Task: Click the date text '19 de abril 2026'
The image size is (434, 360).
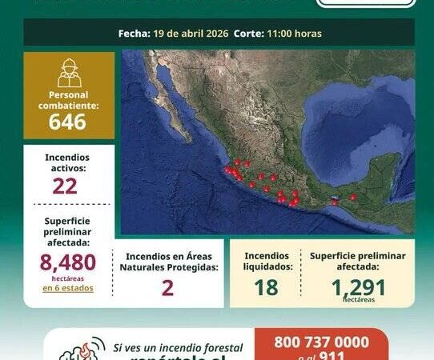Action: coord(191,34)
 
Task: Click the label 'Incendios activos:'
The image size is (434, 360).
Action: coord(68,162)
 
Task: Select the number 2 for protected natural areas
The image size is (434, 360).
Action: coord(167,288)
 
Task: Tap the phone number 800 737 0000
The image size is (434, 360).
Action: coord(321,342)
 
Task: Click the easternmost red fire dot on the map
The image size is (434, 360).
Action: coord(353,196)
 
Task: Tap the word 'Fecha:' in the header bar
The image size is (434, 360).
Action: coord(133,34)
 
